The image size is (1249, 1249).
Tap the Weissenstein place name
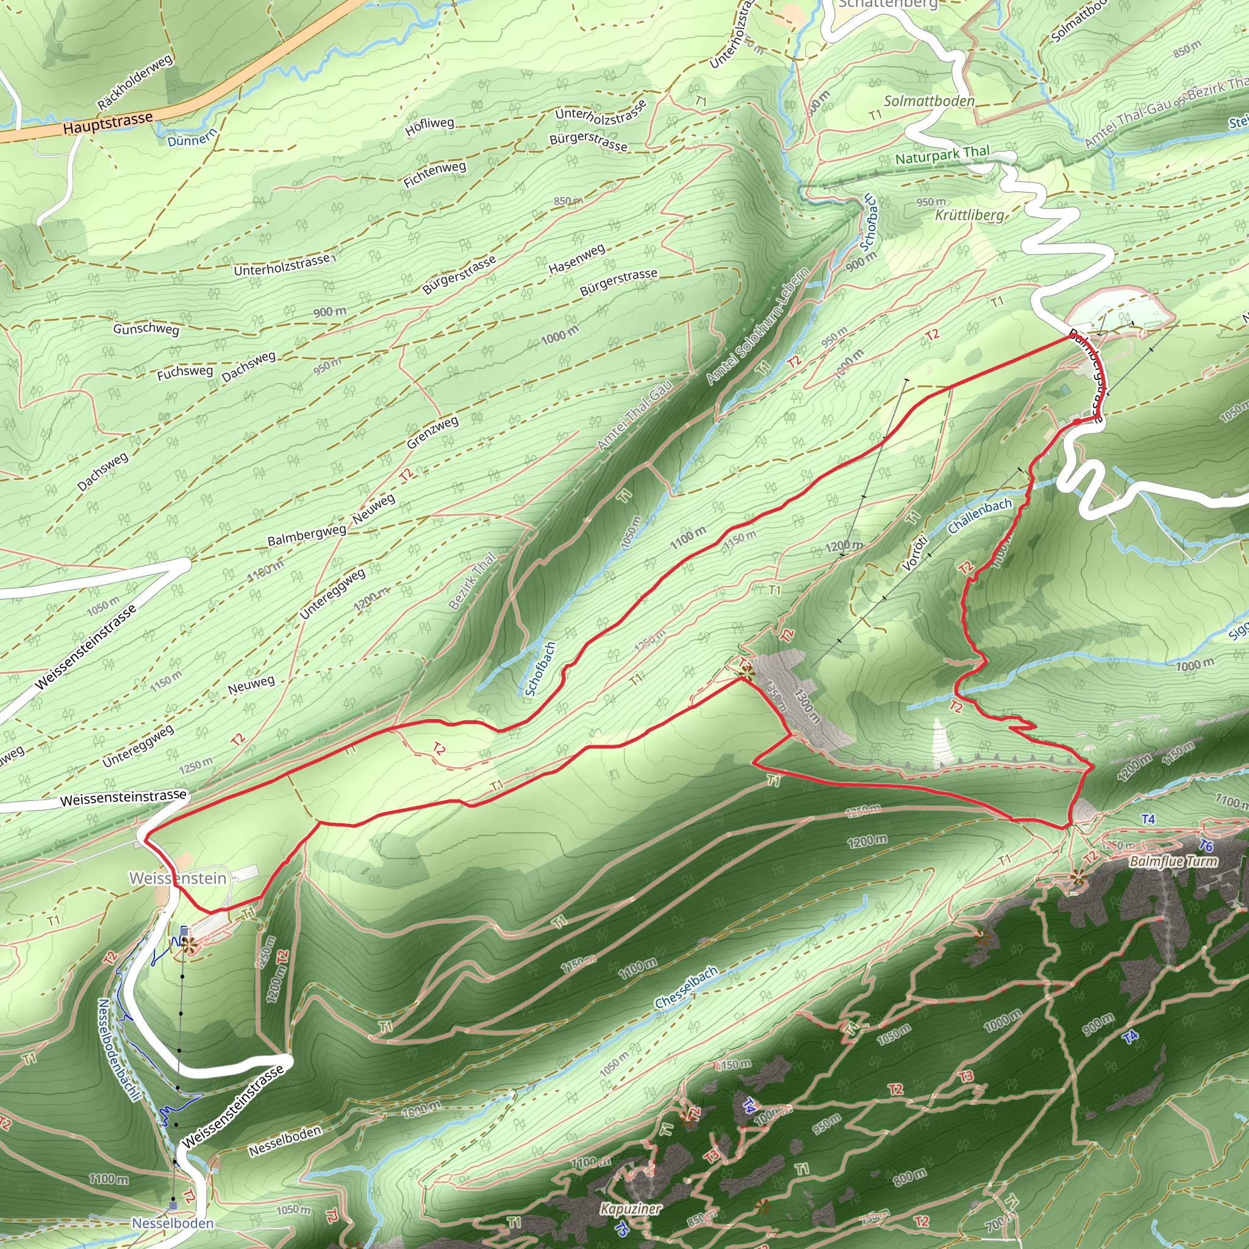[178, 878]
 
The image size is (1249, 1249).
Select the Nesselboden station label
[173, 1223]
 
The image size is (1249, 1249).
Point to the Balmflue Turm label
[1173, 861]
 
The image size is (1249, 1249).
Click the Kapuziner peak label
[631, 1208]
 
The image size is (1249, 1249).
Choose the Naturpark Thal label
[942, 154]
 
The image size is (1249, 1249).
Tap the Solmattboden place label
[929, 101]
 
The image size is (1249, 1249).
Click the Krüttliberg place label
[970, 215]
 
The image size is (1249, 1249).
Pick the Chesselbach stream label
[686, 988]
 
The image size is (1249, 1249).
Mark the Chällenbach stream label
[979, 516]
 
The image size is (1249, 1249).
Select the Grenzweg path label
[432, 432]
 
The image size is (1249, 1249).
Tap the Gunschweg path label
[146, 329]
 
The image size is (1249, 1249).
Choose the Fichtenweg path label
[434, 174]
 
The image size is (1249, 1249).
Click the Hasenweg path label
[577, 259]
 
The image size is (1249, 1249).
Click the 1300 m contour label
[807, 706]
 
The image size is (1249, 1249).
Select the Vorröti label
[915, 553]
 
